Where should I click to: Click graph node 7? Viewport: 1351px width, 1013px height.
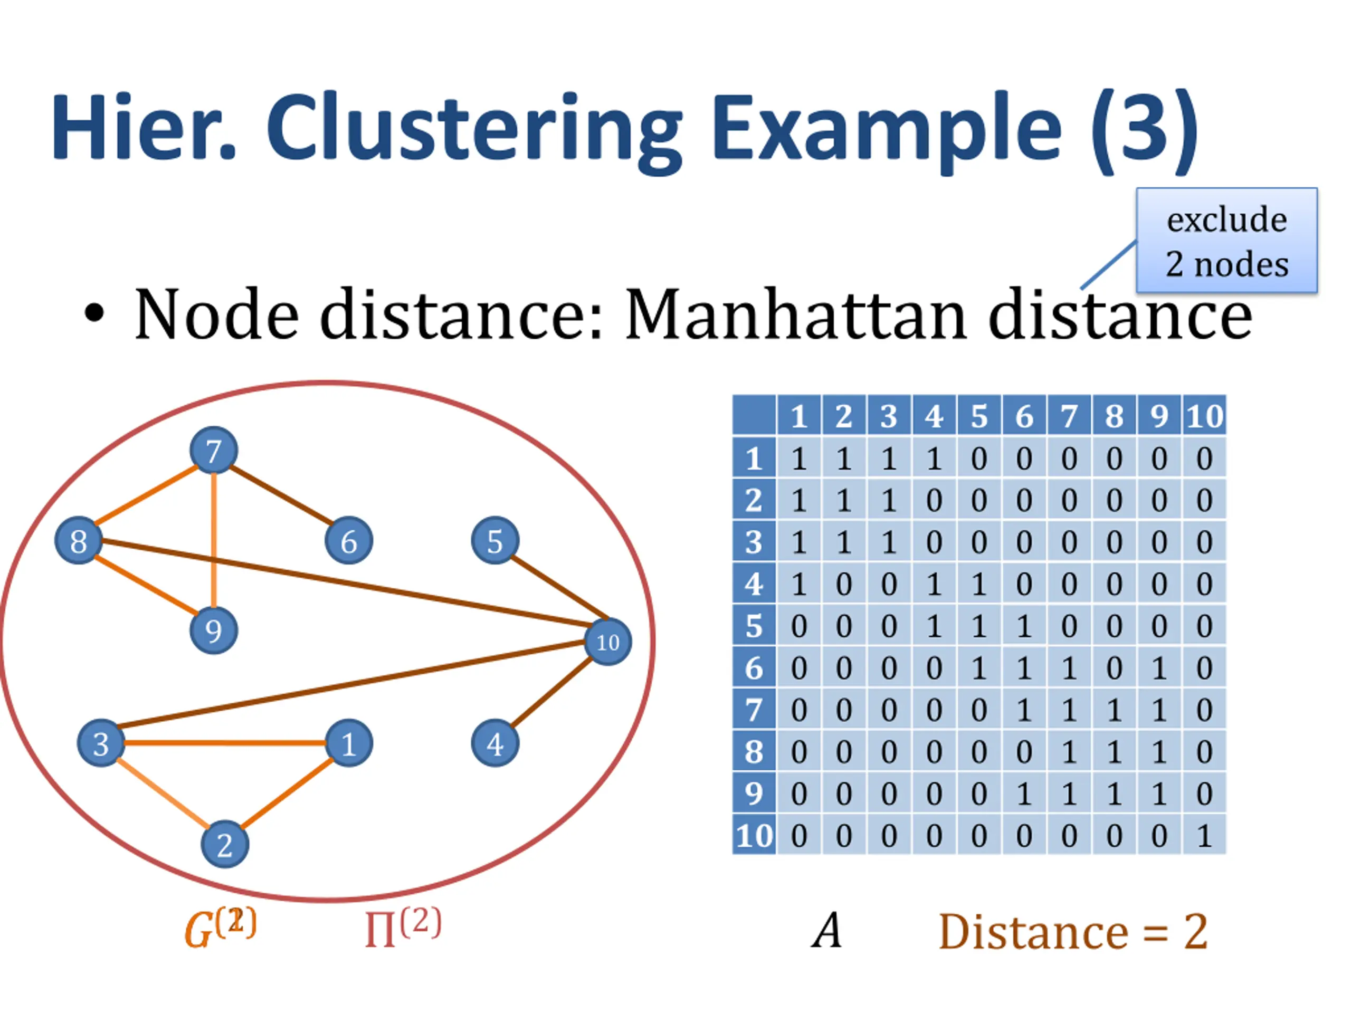click(213, 451)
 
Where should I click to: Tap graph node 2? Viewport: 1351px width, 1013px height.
click(225, 845)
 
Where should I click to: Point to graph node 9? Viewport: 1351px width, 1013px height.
click(213, 630)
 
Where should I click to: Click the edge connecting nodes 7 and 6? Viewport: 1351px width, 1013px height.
click(281, 496)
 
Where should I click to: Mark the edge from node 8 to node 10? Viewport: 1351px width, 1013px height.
click(342, 583)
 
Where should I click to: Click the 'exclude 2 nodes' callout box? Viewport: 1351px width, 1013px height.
click(1226, 241)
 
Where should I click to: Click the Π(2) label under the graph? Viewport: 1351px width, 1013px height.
click(402, 928)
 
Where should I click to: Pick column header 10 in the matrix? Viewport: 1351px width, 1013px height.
click(1204, 416)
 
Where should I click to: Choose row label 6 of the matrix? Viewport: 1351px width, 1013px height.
click(754, 668)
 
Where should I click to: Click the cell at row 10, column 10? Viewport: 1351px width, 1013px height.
click(1204, 835)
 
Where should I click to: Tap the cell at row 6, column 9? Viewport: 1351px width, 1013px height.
click(1158, 668)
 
